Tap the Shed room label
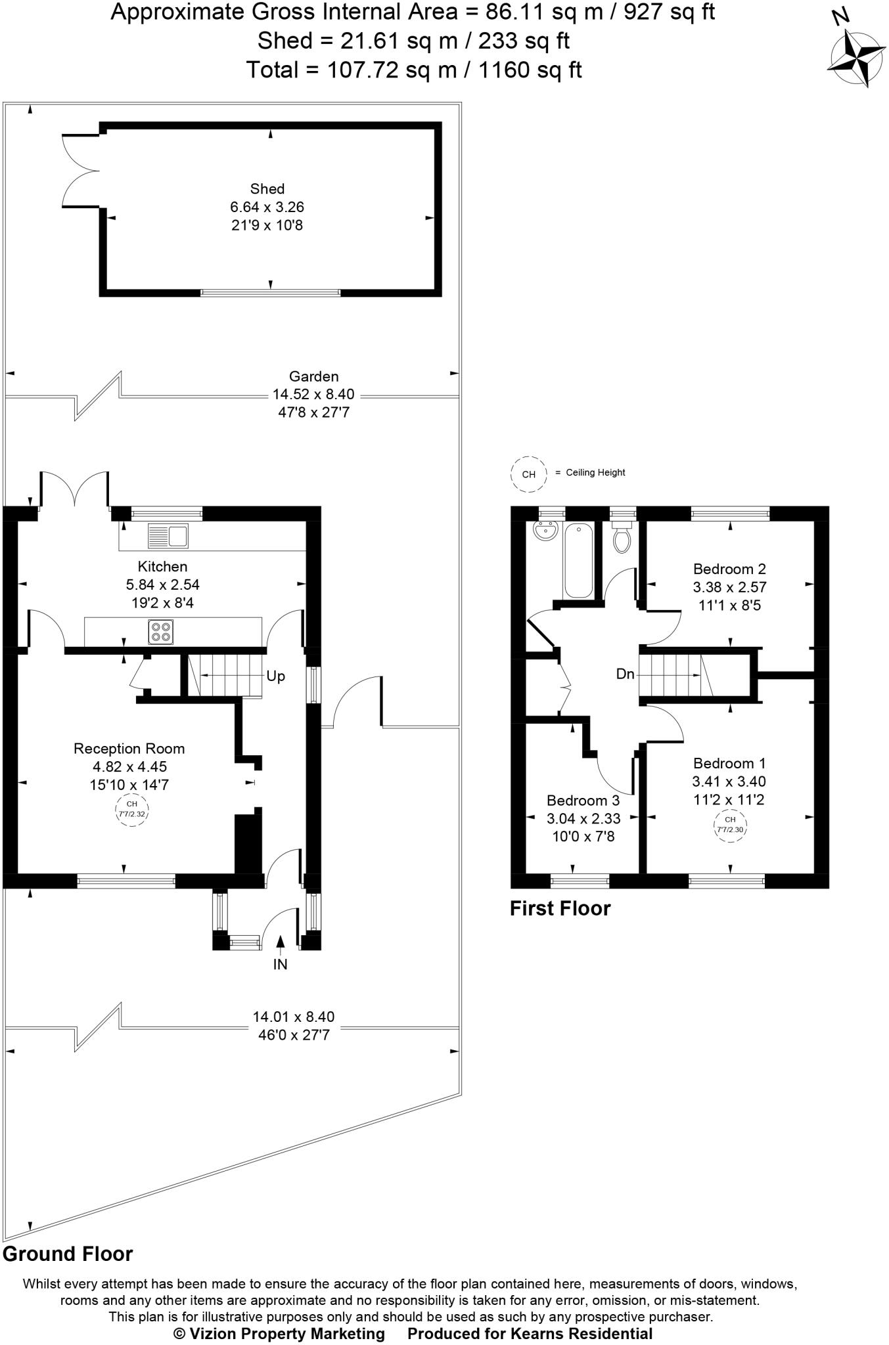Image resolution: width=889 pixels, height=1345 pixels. coord(267,189)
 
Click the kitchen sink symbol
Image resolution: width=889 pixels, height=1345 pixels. coord(168,536)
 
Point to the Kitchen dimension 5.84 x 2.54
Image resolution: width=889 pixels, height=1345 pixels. coord(162,584)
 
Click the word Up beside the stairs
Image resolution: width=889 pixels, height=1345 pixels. coord(275,676)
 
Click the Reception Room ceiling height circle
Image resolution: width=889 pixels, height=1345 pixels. coord(131,809)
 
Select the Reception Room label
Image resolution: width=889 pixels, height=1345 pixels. coord(129,749)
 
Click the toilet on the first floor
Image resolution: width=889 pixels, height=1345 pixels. coord(622,537)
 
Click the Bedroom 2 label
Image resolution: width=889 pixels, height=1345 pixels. coord(729,569)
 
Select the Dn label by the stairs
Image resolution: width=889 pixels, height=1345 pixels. coord(625,674)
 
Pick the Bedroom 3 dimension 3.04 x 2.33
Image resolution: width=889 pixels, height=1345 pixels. coord(583,818)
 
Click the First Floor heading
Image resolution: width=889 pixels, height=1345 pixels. coord(560,908)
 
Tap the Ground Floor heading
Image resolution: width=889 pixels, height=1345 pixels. coord(68,1254)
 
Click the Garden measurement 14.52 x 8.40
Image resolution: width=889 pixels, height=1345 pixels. coord(313,395)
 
